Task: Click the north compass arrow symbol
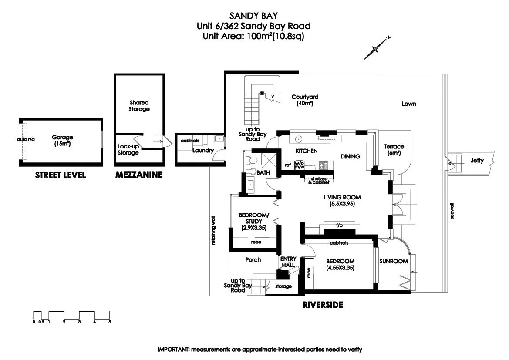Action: tap(376, 48)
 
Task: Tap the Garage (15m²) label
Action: tap(62, 140)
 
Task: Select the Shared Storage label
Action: tap(139, 106)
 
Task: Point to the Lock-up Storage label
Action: tap(128, 150)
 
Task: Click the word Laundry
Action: tap(203, 151)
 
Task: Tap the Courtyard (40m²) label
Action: tap(305, 100)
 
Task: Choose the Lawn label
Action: tap(409, 104)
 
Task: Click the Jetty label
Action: tap(477, 160)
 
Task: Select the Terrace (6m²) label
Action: tap(394, 150)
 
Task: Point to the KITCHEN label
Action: tap(307, 151)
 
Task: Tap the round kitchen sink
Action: tap(298, 139)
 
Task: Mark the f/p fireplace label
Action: tap(339, 225)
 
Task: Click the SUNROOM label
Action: tap(394, 261)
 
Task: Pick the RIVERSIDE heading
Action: tap(323, 305)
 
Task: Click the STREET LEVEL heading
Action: tap(61, 175)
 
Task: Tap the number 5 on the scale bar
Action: tap(110, 322)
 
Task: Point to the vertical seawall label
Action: tap(452, 211)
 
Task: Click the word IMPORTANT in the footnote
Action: tap(173, 350)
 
